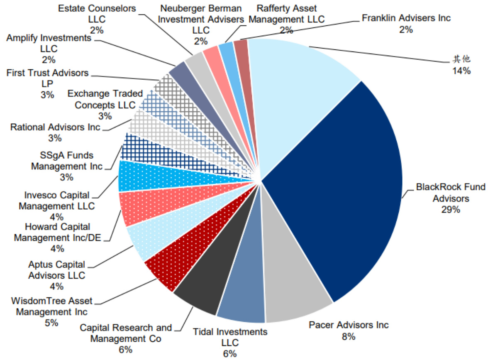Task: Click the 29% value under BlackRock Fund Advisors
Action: pyautogui.click(x=451, y=209)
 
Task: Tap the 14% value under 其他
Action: pyautogui.click(x=461, y=71)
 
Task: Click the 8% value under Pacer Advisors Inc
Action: pyautogui.click(x=349, y=336)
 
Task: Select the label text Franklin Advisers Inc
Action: pyautogui.click(x=406, y=18)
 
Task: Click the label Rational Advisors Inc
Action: pyautogui.click(x=56, y=127)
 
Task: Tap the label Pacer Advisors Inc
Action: pyautogui.click(x=349, y=325)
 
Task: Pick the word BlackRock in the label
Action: pyautogui.click(x=434, y=187)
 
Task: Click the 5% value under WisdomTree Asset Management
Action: pyautogui.click(x=52, y=323)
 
